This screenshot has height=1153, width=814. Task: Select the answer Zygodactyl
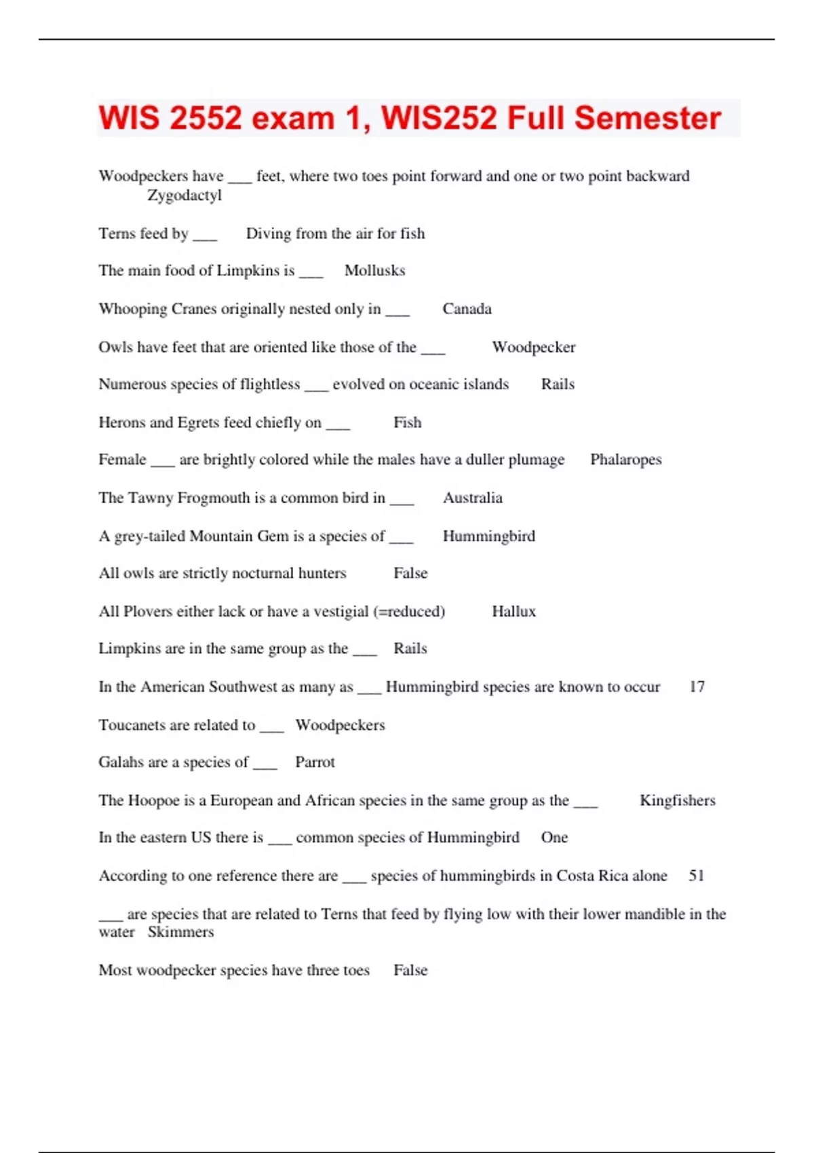pos(185,195)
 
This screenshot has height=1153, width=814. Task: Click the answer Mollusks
pos(374,271)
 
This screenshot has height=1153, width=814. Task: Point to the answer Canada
pos(467,309)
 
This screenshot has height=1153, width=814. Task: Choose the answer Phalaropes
pos(625,460)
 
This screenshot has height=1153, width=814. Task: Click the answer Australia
pos(473,498)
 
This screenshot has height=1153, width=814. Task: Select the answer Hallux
pos(513,611)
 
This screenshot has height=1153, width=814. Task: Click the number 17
pos(697,686)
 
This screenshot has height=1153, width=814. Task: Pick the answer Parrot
pos(315,762)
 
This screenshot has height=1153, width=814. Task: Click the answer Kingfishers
pos(677,800)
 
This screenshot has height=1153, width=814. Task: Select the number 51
pos(696,876)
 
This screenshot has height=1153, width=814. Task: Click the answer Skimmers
pos(180,932)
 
